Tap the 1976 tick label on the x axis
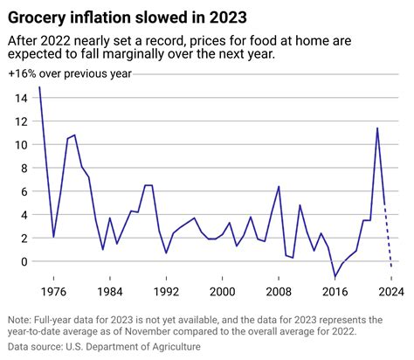[53, 291]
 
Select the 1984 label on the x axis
[110, 291]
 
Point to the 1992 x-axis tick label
[166, 291]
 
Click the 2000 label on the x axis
[223, 291]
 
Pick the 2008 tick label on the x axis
[279, 291]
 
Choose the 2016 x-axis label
[335, 291]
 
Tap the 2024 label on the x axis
[391, 291]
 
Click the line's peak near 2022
[376, 128]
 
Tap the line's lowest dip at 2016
[335, 277]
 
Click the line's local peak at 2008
[279, 186]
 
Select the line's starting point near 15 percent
[39, 87]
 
